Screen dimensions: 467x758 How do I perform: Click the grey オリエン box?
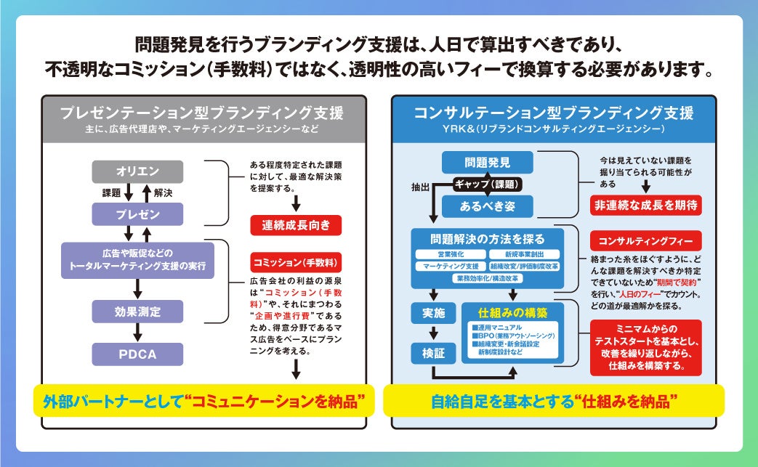137,171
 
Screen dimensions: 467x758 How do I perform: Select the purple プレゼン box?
137,214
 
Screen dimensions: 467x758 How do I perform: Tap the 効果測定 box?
137,312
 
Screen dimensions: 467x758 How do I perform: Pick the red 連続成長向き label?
296,225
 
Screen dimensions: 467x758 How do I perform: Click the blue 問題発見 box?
487,162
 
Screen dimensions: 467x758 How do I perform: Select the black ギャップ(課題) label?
487,184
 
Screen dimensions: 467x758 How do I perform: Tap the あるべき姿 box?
487,206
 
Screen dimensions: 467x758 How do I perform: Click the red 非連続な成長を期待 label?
646,205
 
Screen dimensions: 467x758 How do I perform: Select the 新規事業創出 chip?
524,255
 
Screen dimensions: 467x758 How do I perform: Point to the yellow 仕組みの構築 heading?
512,313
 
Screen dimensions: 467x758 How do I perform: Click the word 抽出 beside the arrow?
421,187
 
